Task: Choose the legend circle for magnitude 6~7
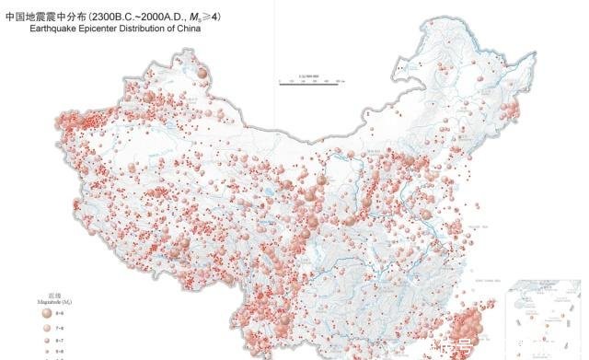coord(46,340)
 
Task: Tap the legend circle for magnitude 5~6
coord(46,351)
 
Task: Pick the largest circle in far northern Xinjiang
coord(202,72)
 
